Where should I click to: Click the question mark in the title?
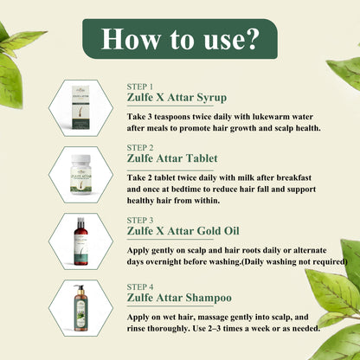pyautogui.click(x=250, y=39)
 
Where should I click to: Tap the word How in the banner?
pyautogui.click(x=131, y=39)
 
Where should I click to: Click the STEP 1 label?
pyautogui.click(x=140, y=87)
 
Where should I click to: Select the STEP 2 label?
pyautogui.click(x=140, y=148)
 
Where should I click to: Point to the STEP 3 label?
pyautogui.click(x=140, y=221)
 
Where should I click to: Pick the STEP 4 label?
pyautogui.click(x=140, y=287)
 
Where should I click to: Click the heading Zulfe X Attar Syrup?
pyautogui.click(x=177, y=98)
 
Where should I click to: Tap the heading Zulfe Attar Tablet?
pyautogui.click(x=172, y=158)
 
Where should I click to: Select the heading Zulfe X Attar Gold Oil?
pyautogui.click(x=183, y=231)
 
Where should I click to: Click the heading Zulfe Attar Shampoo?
pyautogui.click(x=179, y=298)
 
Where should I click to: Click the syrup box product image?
pyautogui.click(x=80, y=107)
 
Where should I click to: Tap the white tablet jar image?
pyautogui.click(x=81, y=174)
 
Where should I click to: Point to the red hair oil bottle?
pyautogui.click(x=80, y=241)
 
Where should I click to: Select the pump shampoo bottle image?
pyautogui.click(x=80, y=308)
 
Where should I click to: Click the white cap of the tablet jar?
pyautogui.click(x=81, y=159)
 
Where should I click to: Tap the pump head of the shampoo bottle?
pyautogui.click(x=79, y=287)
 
